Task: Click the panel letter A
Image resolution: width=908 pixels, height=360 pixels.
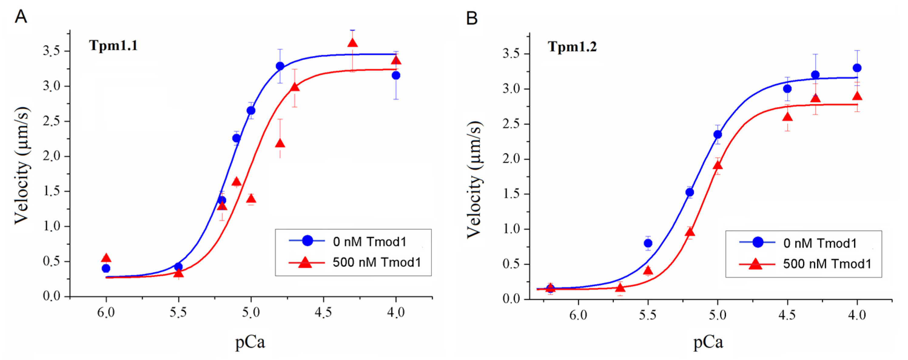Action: pyautogui.click(x=21, y=17)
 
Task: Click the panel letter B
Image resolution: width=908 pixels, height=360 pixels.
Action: pyautogui.click(x=472, y=18)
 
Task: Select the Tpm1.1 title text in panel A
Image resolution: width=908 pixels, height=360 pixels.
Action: pyautogui.click(x=113, y=45)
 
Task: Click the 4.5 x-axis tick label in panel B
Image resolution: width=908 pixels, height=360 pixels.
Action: pyautogui.click(x=787, y=314)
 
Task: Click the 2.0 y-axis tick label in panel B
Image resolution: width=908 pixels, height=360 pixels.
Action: pyautogui.click(x=511, y=159)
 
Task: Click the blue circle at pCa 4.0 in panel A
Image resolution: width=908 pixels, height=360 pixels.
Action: pyautogui.click(x=396, y=76)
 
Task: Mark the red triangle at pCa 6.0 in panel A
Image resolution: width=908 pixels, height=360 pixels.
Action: pyautogui.click(x=106, y=258)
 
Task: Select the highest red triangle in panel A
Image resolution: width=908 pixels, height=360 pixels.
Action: pyautogui.click(x=352, y=43)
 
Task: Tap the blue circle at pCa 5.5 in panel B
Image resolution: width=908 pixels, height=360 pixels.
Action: pyautogui.click(x=648, y=243)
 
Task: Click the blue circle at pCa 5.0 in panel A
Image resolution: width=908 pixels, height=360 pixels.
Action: pyautogui.click(x=251, y=111)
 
